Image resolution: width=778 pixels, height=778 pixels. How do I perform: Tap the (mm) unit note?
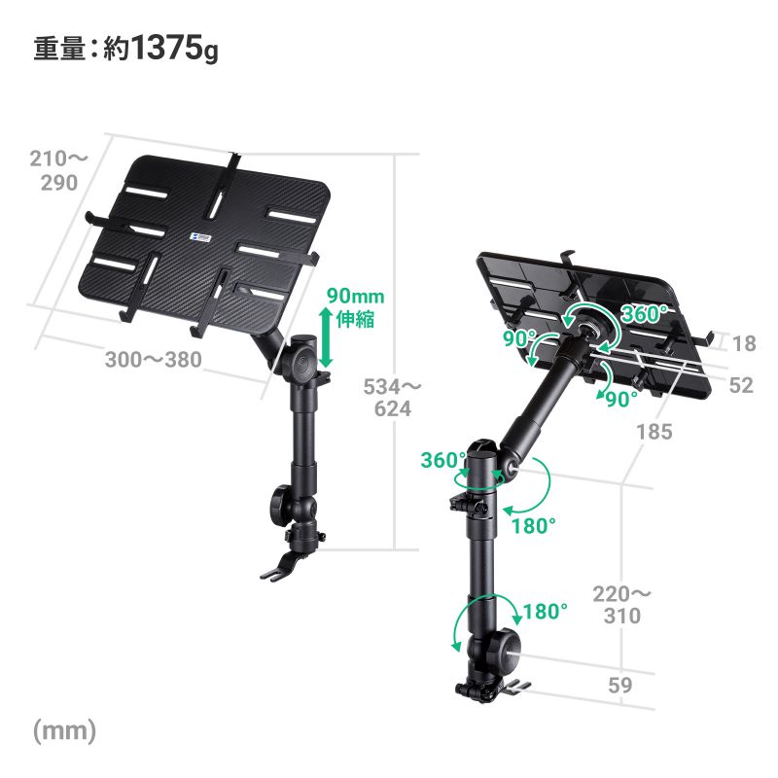[x=64, y=731]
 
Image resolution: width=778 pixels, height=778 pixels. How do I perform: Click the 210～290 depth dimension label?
[x=58, y=171]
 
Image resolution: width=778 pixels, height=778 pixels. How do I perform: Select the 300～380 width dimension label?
[x=154, y=359]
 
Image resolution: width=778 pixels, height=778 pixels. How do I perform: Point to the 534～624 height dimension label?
[x=392, y=398]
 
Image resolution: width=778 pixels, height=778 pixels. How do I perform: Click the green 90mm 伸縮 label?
[x=355, y=307]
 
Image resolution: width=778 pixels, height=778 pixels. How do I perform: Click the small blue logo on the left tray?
[x=201, y=236]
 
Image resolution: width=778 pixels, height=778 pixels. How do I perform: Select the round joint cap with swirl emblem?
[x=303, y=365]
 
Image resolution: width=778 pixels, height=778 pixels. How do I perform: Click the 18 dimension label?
[x=744, y=343]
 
